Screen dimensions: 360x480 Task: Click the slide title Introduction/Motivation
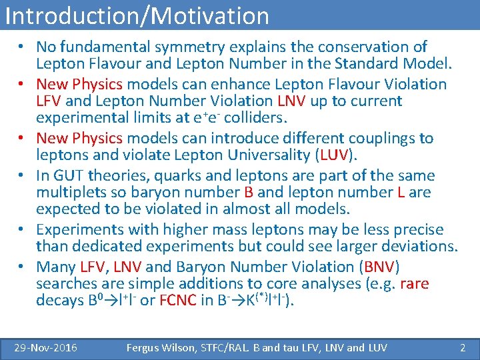137,15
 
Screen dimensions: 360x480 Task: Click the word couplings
378,139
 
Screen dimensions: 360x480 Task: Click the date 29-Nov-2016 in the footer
46,347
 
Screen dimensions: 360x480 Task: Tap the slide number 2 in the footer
462,347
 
